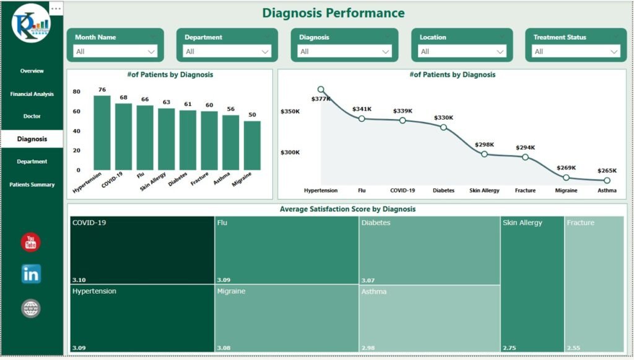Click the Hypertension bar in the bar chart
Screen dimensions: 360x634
[x=102, y=133]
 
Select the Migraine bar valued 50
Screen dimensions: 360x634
[x=252, y=145]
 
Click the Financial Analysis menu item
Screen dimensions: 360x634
[x=32, y=94]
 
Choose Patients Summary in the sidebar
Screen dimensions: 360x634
[x=32, y=185]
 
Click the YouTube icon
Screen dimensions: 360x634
[x=31, y=242]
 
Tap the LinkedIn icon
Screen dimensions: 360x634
[x=31, y=273]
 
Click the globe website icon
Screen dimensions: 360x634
[x=31, y=308]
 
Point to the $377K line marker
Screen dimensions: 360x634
[x=321, y=89]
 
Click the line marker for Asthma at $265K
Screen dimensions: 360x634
[x=607, y=181]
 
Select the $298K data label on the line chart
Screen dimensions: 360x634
[x=485, y=145]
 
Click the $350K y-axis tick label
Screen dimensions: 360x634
[x=290, y=112]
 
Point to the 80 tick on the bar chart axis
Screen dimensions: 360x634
[x=77, y=92]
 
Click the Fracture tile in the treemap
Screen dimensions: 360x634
[x=594, y=285]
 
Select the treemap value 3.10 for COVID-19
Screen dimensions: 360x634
[x=78, y=280]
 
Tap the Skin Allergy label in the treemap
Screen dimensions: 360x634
[x=523, y=223]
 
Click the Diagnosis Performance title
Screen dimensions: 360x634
[x=333, y=13]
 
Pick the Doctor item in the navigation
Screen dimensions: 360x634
[x=32, y=116]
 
